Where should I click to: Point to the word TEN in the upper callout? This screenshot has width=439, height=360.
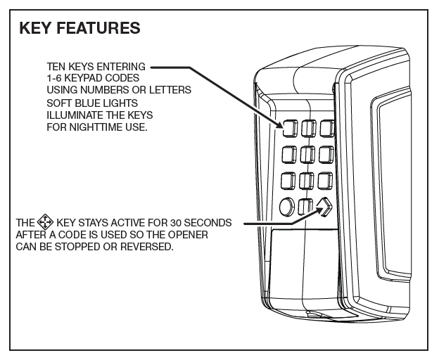(54, 67)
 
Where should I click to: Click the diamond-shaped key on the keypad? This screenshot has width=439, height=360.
(324, 207)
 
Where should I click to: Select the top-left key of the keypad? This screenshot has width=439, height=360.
(288, 127)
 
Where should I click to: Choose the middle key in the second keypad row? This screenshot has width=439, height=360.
(307, 154)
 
